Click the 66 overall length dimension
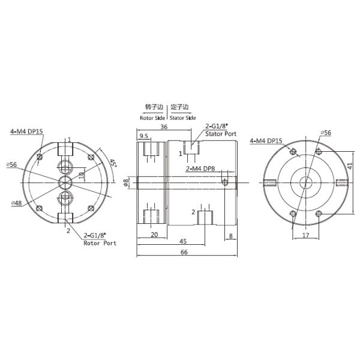coord(184,252)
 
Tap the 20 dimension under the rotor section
coord(154,235)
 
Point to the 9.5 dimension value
coord(144,136)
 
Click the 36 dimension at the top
coord(163,127)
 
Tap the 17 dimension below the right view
coord(305,236)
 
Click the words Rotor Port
coord(100,243)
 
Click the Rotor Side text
coord(152,118)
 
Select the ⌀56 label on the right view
coord(326,131)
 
